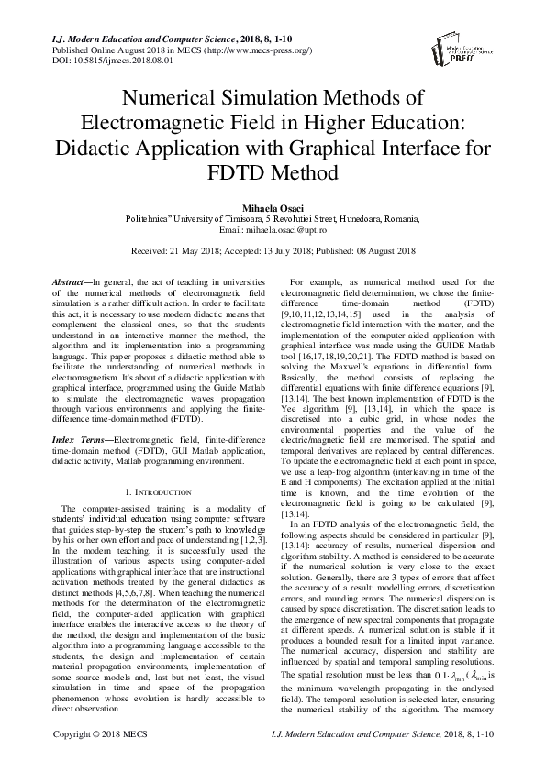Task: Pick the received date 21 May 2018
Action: click(188, 249)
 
